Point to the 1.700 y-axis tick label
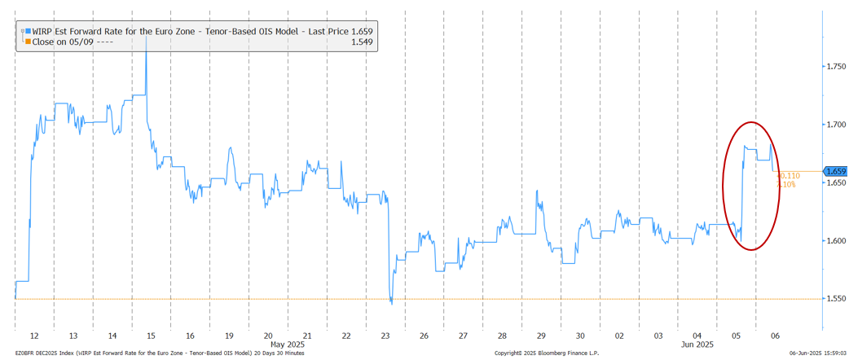[x=834, y=125]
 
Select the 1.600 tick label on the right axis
[x=834, y=241]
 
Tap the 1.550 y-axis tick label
[x=834, y=300]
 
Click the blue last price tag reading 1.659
[x=836, y=171]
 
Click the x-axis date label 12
[x=34, y=336]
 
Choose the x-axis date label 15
[x=151, y=336]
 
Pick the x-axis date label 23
[x=385, y=336]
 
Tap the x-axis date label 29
[x=541, y=336]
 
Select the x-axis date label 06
[x=776, y=336]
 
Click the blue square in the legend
[x=28, y=30]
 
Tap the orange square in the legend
[x=28, y=41]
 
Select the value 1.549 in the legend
[x=361, y=41]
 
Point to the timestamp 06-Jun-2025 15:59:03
[x=812, y=353]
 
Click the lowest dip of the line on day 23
[x=392, y=303]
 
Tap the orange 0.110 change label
[x=788, y=175]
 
